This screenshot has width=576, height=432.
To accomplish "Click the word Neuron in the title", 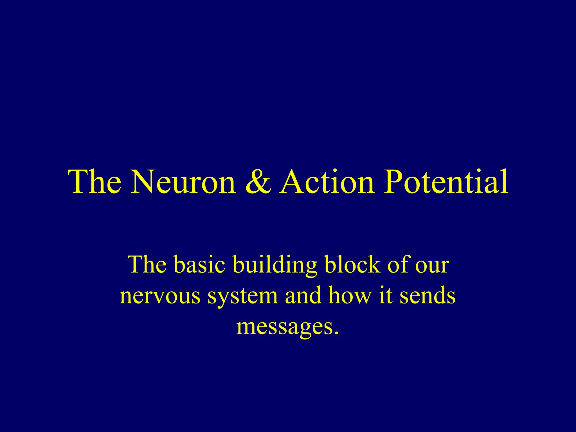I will click(x=183, y=182).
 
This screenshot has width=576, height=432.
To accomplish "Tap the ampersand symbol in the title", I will click(x=258, y=182).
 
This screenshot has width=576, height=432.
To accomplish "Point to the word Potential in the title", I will click(x=446, y=182).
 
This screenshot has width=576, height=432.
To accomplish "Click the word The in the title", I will click(x=95, y=182).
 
